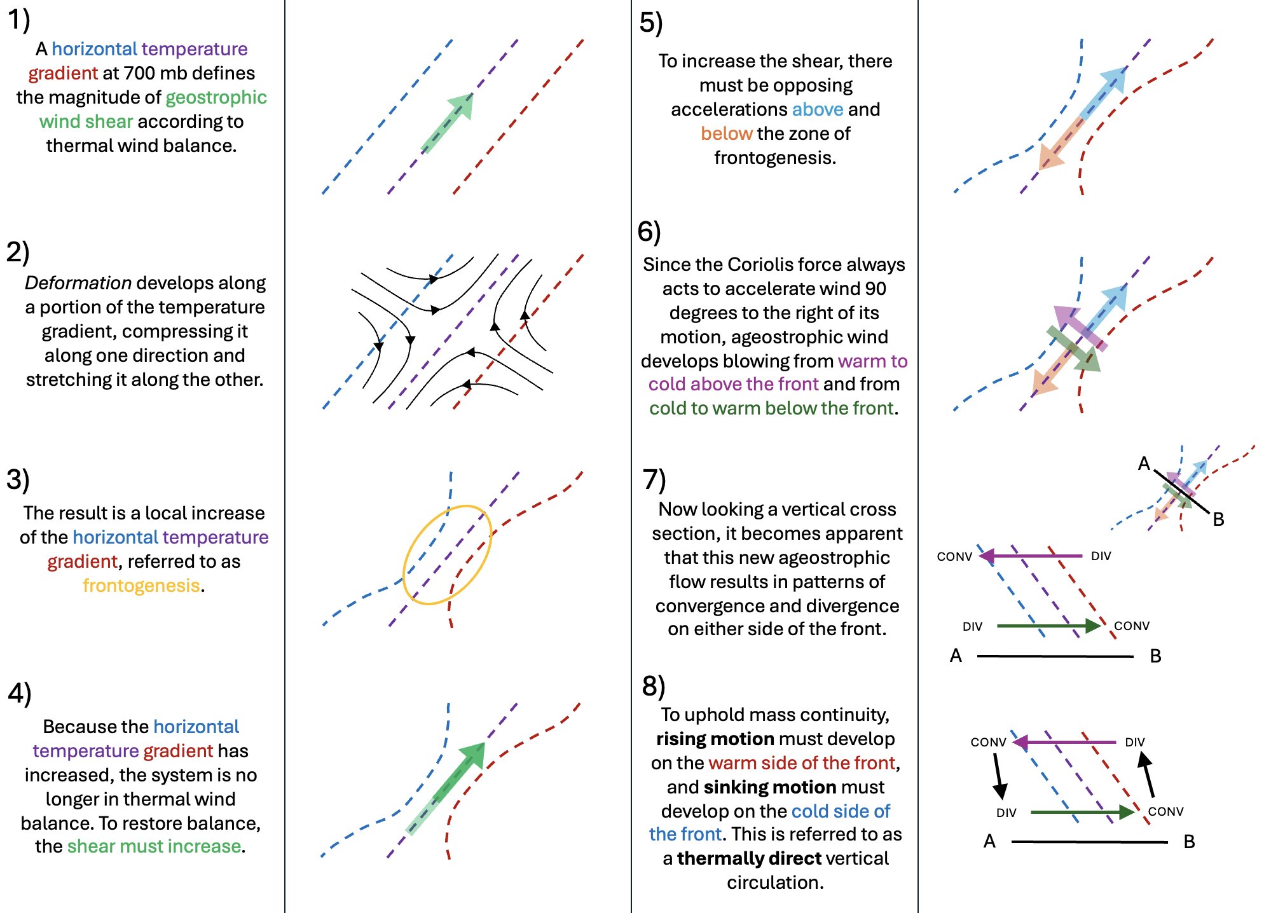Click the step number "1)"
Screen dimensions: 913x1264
[19, 20]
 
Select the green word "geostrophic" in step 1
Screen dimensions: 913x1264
[216, 97]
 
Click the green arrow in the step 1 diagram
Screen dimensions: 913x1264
[448, 123]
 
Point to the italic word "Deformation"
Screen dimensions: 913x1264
[78, 283]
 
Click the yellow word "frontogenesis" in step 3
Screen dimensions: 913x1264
[141, 586]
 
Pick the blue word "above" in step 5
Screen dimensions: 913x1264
[818, 109]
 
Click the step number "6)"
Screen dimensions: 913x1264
[649, 232]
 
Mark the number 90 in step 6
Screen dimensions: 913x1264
[875, 289]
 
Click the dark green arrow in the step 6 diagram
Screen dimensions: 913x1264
[1075, 350]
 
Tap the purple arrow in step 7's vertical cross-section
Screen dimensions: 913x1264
[1030, 556]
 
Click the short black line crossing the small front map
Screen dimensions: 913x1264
[1182, 491]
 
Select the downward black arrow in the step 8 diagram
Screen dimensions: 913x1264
[999, 776]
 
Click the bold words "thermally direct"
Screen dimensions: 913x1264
[749, 858]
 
